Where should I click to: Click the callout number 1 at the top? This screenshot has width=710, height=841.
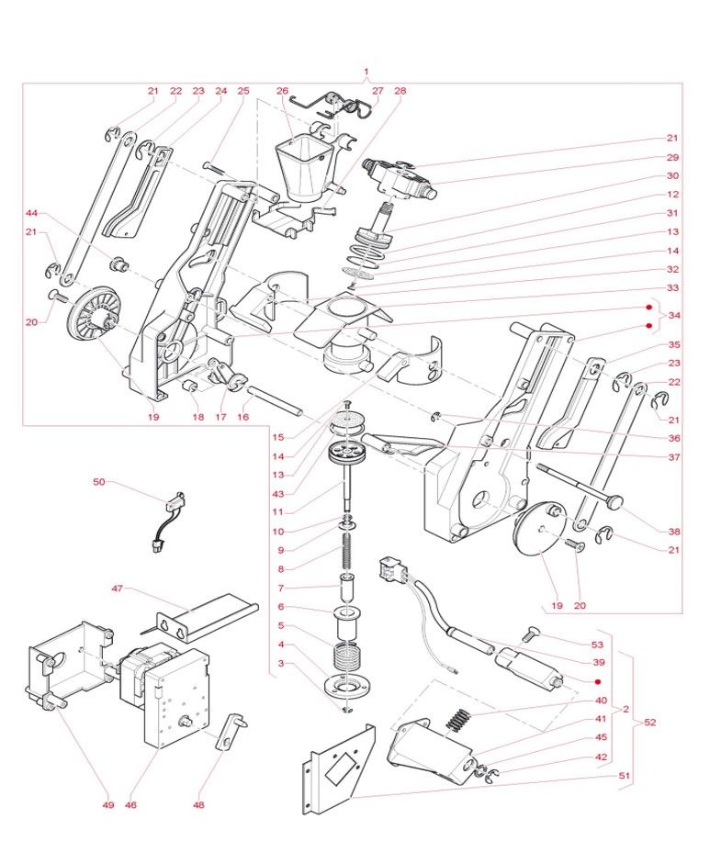point(366,72)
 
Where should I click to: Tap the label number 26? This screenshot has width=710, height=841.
point(282,91)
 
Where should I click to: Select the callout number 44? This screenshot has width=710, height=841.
point(31,213)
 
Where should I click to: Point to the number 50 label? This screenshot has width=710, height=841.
point(99,481)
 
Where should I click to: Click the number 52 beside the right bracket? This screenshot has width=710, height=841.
point(650,723)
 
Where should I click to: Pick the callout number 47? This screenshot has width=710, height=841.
point(118,589)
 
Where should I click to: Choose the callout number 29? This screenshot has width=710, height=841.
point(673,157)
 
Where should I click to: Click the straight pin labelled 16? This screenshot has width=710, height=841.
point(275,400)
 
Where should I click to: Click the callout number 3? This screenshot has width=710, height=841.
point(282,663)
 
